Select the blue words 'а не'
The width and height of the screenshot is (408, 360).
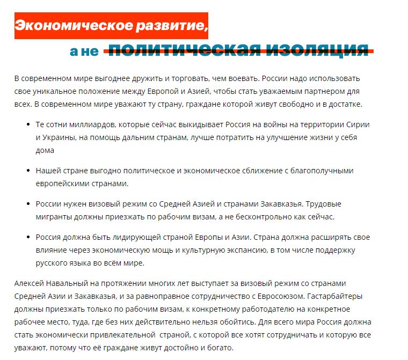click(84, 52)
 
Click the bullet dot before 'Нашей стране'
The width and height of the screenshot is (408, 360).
click(28, 171)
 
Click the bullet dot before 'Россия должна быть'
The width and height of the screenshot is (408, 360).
click(28, 237)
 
